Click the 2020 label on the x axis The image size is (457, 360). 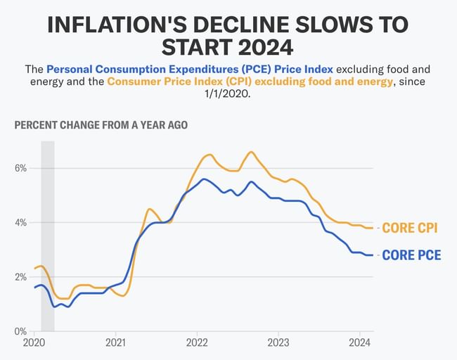click(34, 344)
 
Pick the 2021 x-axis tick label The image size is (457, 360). click(115, 344)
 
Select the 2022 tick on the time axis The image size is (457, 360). click(197, 344)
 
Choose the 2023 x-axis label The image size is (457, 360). click(278, 344)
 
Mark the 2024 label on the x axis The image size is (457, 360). click(359, 344)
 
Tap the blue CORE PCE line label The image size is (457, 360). click(411, 255)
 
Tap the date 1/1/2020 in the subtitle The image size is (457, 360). click(228, 94)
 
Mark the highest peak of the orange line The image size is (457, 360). click(251, 151)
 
